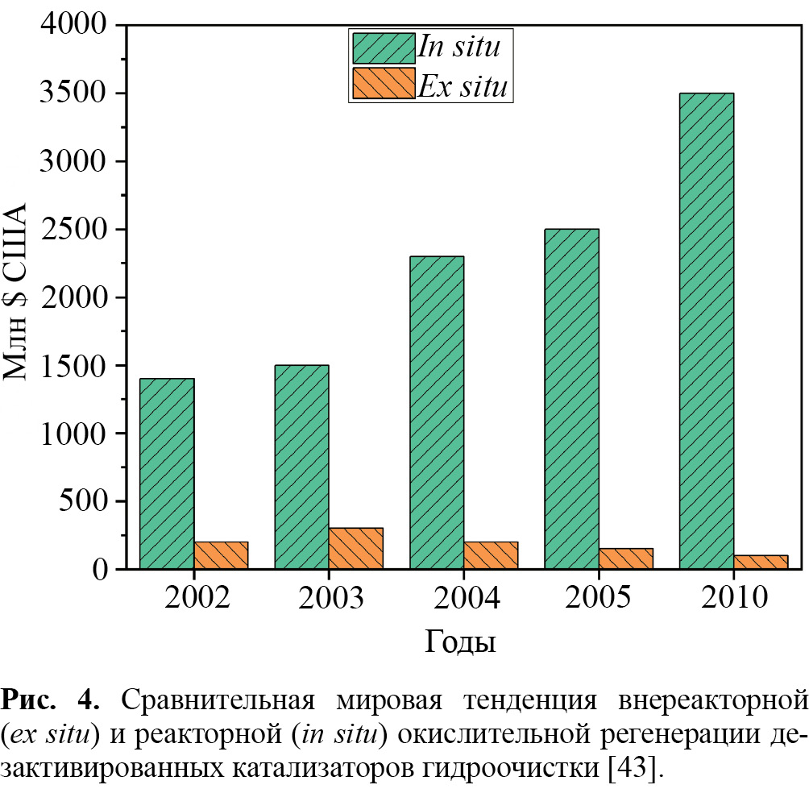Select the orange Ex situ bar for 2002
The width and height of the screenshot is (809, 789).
click(x=221, y=555)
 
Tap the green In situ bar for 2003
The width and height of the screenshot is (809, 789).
click(x=301, y=467)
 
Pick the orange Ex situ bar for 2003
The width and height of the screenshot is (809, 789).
click(x=355, y=548)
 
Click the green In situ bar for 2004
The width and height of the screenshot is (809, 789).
click(x=437, y=412)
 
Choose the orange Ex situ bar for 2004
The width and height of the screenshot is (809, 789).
click(x=491, y=555)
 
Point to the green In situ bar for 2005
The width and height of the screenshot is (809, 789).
click(x=571, y=398)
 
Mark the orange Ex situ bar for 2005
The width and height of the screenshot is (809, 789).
click(x=625, y=559)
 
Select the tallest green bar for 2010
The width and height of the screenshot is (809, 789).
click(x=706, y=330)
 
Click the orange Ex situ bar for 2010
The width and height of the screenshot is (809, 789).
click(x=760, y=562)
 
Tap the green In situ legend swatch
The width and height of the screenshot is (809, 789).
click(x=382, y=47)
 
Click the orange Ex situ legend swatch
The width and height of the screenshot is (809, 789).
click(x=382, y=84)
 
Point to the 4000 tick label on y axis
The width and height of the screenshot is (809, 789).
click(x=73, y=26)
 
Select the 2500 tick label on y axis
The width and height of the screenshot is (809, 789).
click(x=73, y=230)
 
